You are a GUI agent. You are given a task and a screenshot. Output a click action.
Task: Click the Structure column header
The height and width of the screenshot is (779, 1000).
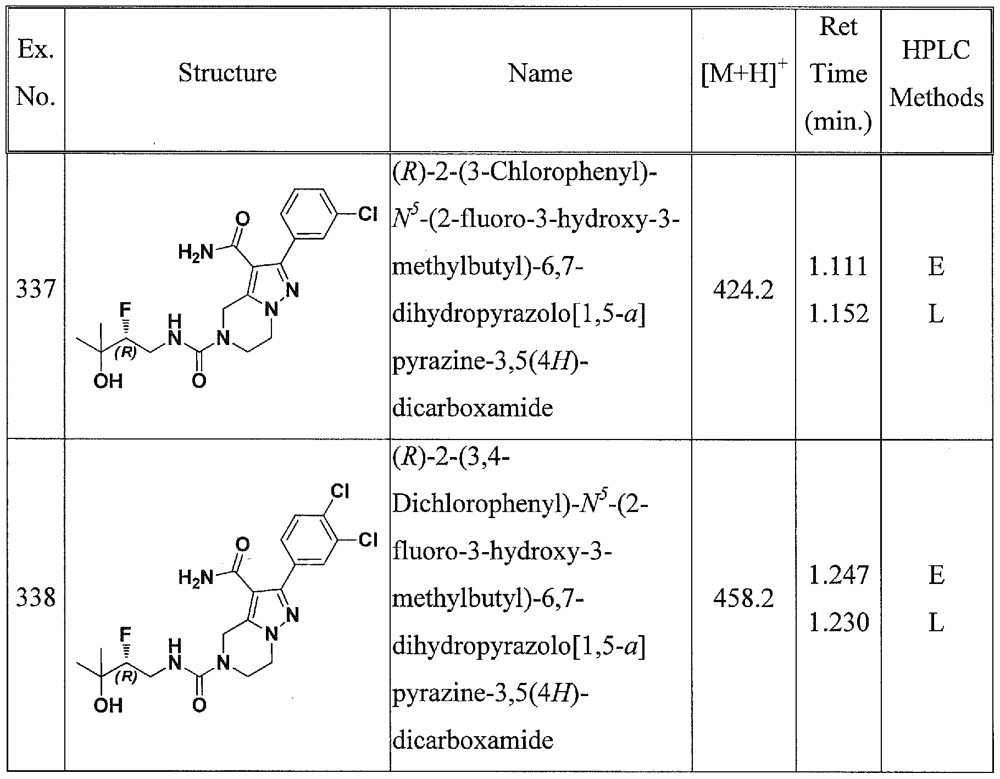point(227,73)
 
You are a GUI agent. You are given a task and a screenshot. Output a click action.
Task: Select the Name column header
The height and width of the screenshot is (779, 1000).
point(540,73)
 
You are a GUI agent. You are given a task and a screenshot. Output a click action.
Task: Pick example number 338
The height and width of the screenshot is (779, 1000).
point(36,598)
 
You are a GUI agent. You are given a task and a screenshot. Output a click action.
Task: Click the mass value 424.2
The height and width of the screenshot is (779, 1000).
point(743,290)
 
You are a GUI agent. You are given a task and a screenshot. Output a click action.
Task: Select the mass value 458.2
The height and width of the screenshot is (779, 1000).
point(743,598)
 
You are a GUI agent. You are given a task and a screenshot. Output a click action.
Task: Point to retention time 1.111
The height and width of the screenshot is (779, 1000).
point(838,266)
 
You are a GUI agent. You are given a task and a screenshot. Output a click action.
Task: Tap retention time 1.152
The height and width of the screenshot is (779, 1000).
point(838,314)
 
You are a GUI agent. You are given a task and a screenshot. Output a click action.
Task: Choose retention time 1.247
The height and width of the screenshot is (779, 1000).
point(838,575)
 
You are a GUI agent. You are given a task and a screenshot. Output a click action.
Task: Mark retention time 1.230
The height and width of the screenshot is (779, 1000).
point(838,622)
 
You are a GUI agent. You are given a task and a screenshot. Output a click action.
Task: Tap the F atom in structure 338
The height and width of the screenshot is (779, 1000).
point(126,636)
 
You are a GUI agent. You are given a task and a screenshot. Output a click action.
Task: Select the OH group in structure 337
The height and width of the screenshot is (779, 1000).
point(108,381)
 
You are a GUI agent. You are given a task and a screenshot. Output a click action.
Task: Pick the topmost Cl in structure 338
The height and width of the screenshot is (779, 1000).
point(340,491)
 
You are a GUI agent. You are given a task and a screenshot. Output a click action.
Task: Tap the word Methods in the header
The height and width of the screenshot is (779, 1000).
point(936,98)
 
